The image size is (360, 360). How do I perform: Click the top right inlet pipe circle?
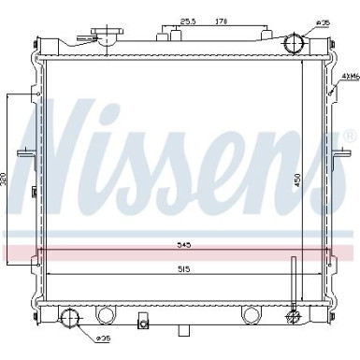pos(295,44)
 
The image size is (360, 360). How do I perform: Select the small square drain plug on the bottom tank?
pos(143,324)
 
